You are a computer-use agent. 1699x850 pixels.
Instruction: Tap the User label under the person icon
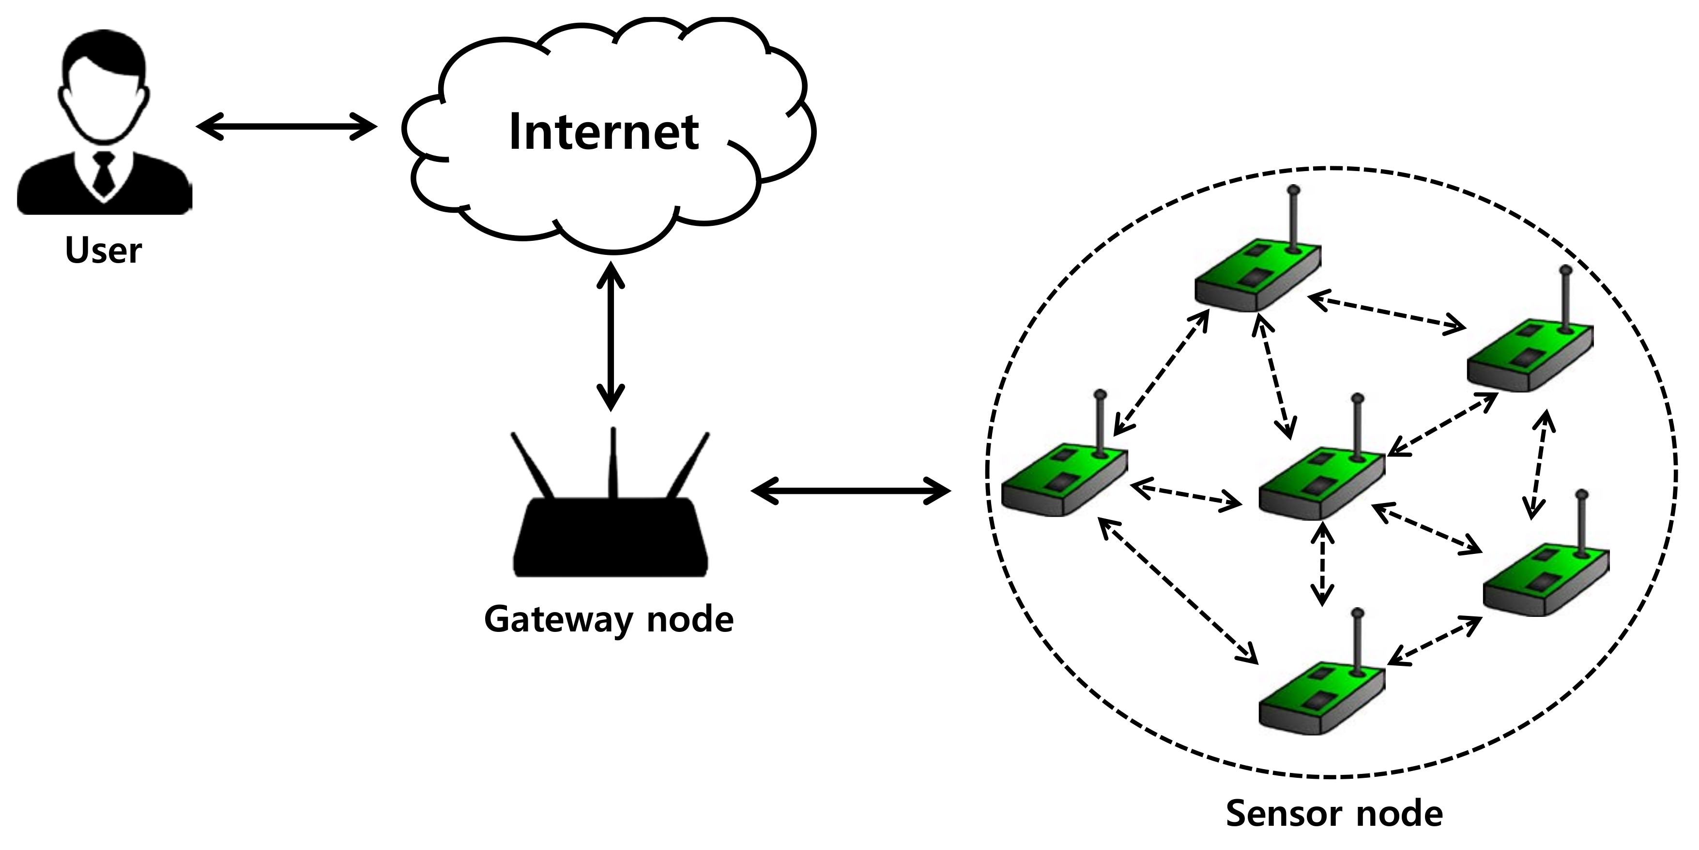[104, 251]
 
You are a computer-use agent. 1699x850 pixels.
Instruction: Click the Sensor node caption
[1333, 813]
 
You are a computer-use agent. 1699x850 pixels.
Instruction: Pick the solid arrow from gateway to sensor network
[851, 490]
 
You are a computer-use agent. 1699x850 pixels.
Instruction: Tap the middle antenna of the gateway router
[612, 462]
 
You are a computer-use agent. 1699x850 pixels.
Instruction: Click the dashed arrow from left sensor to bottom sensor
[1179, 591]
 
